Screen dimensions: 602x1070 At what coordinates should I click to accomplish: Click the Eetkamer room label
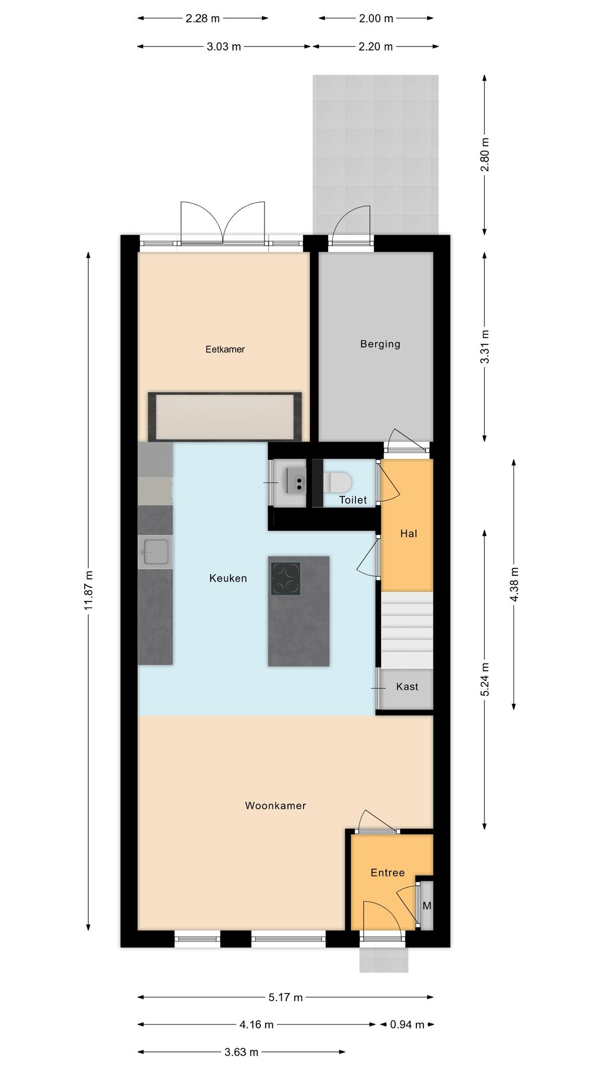[225, 350]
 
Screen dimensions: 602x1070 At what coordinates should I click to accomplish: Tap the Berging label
[380, 344]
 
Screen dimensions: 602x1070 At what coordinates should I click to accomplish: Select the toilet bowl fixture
[337, 482]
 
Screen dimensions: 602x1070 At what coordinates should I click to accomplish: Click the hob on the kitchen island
[285, 578]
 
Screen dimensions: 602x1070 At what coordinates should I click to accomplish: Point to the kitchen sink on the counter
[155, 552]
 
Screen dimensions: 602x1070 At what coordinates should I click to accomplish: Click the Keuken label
[228, 578]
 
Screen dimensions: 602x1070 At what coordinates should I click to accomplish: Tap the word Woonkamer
[275, 806]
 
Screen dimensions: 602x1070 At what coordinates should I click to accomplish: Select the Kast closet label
[407, 687]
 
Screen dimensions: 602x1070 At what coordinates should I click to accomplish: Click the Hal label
[409, 533]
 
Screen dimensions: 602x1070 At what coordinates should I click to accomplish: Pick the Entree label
[388, 873]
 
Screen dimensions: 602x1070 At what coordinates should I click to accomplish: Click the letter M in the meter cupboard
[427, 905]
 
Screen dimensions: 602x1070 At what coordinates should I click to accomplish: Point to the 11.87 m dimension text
[88, 590]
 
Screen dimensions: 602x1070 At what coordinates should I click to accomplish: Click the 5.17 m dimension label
[286, 997]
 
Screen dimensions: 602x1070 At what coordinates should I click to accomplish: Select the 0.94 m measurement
[407, 1025]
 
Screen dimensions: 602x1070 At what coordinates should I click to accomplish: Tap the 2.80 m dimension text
[485, 154]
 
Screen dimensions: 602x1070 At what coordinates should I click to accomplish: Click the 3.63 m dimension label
[241, 1052]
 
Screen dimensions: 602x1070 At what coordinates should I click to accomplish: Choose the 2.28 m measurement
[203, 19]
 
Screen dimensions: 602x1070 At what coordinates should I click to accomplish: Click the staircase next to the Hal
[407, 630]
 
